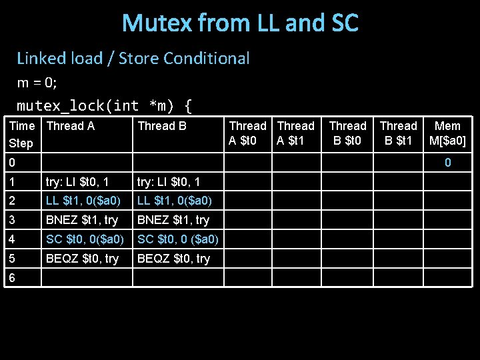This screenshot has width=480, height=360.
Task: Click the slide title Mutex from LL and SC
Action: (240, 23)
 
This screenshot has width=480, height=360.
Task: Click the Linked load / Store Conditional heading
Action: (133, 59)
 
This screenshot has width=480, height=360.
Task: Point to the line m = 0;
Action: (37, 83)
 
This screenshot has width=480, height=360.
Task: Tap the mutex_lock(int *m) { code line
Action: (105, 105)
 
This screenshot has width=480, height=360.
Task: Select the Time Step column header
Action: (22, 134)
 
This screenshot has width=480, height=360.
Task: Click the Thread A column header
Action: (71, 126)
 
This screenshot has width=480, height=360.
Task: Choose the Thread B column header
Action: (162, 126)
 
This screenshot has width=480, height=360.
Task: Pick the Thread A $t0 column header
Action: (247, 133)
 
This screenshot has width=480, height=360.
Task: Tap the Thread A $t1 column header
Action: (296, 133)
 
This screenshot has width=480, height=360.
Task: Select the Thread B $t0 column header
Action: (347, 133)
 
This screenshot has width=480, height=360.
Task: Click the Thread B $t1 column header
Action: (398, 133)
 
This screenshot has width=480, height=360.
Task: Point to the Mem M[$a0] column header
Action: (447, 133)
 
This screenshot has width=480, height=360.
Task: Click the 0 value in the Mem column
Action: (448, 163)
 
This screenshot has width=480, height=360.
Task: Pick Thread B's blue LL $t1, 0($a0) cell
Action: (175, 201)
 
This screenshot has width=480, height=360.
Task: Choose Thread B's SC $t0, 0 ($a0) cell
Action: (177, 239)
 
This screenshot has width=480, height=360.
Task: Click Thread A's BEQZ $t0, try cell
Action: (82, 259)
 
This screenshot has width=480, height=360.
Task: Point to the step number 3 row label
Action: (11, 220)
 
